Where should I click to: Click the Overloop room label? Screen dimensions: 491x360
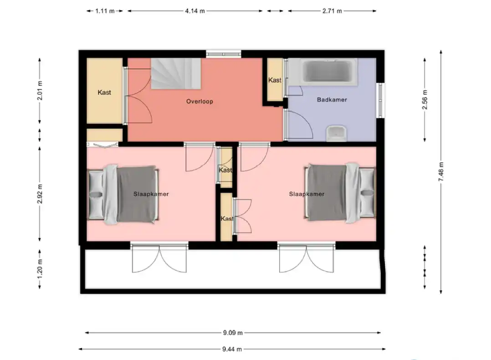point(199,101)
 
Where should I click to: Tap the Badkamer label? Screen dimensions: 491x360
point(332,100)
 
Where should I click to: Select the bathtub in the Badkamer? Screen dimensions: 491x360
point(323,72)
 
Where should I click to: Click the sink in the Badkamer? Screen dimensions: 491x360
point(336,134)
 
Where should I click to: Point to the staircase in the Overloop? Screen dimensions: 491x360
point(176,74)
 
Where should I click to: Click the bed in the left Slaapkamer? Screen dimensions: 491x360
point(123,194)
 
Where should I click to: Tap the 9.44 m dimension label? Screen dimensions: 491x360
point(232,349)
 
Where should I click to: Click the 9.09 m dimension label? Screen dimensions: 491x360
point(233,333)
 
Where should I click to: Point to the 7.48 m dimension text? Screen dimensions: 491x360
point(441,171)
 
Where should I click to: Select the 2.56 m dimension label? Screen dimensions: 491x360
point(425,100)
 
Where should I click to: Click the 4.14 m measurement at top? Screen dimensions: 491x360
point(195,11)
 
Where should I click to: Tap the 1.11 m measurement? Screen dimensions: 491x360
point(105,11)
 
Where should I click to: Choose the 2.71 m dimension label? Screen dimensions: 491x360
point(332,11)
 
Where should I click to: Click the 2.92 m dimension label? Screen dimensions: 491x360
point(40,194)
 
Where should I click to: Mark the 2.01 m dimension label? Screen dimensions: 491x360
point(40,91)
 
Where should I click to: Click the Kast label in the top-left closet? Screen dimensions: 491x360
point(104,93)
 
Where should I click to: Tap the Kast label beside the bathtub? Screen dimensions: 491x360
point(275,80)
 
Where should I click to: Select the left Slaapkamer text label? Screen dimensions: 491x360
point(151,194)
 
